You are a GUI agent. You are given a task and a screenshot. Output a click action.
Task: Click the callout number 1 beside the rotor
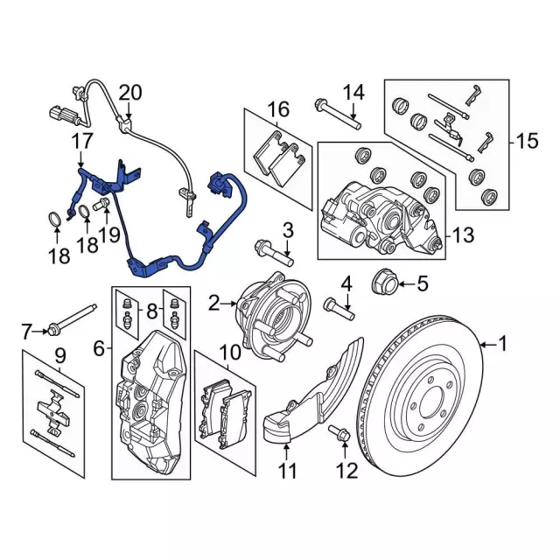pyautogui.click(x=503, y=344)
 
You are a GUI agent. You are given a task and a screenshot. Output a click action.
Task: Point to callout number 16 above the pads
pyautogui.click(x=278, y=109)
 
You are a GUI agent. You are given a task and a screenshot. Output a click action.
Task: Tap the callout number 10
pyautogui.click(x=229, y=352)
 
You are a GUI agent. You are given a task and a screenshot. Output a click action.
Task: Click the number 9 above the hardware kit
pyautogui.click(x=59, y=355)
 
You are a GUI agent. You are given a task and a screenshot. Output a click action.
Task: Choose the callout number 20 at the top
pyautogui.click(x=129, y=92)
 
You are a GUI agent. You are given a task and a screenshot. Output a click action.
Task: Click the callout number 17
pyautogui.click(x=81, y=139)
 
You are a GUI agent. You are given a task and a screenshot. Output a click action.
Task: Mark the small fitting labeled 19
pyautogui.click(x=100, y=204)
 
